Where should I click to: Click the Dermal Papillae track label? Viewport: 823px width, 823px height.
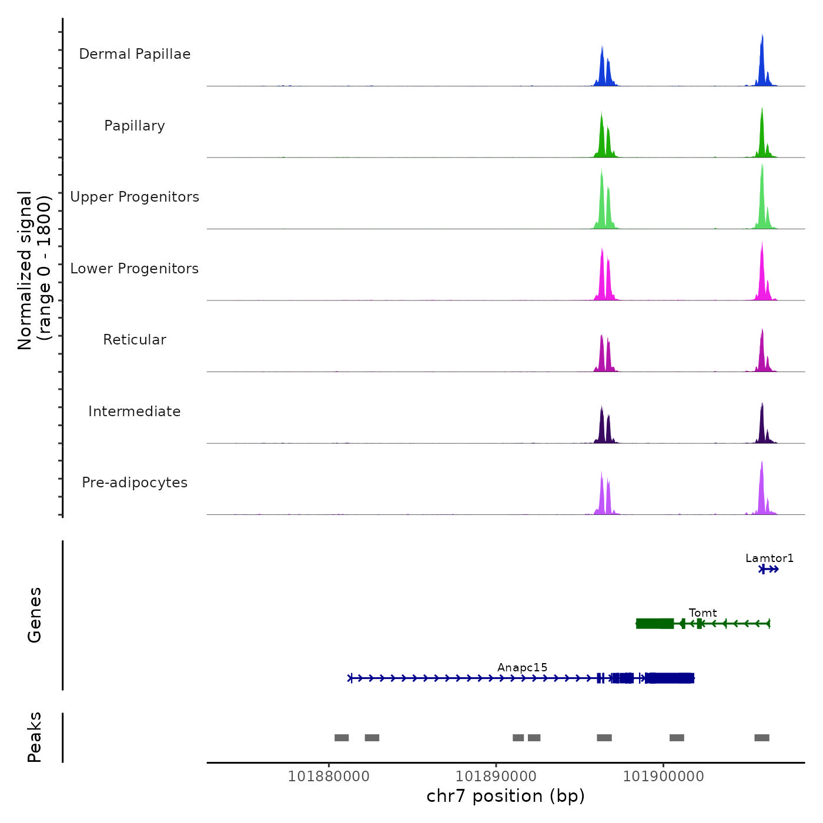click(135, 54)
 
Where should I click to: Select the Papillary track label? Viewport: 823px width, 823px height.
click(135, 126)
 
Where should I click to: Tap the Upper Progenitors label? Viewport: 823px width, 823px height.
click(135, 197)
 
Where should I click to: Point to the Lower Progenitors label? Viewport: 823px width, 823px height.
click(135, 269)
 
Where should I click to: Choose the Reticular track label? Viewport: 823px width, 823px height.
click(135, 340)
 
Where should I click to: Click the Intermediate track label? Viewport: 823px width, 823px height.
click(135, 411)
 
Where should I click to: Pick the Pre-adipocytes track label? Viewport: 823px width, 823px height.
click(135, 483)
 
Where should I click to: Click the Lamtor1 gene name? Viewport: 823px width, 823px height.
click(770, 558)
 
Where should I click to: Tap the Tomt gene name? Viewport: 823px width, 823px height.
click(702, 613)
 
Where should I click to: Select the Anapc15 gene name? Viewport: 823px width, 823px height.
click(522, 667)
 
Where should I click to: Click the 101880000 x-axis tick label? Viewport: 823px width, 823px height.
click(329, 777)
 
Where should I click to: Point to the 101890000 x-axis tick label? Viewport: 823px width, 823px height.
click(496, 777)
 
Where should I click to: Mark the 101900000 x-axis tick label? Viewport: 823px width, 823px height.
click(663, 777)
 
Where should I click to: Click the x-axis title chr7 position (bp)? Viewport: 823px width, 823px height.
click(506, 796)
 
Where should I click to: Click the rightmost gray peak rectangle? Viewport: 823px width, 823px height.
click(762, 738)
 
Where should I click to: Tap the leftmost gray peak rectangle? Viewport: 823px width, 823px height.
click(342, 738)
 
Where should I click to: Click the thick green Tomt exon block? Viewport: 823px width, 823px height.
click(655, 624)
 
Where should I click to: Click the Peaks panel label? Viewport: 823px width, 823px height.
click(34, 737)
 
